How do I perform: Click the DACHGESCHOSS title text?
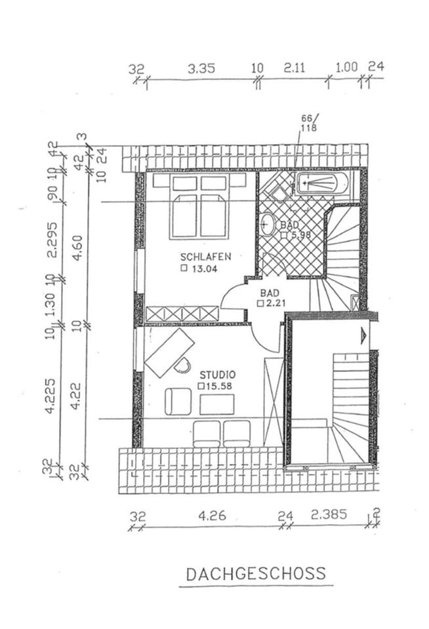pos(256,574)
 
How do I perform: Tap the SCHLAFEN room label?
pos(205,256)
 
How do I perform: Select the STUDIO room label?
pos(217,375)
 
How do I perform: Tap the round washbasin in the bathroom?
pos(268,224)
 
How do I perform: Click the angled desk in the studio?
pos(170,353)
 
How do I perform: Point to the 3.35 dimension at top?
pos(201,67)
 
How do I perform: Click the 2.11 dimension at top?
pos(295,67)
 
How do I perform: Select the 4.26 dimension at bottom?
pos(212,516)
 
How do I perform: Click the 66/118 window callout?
pos(308,123)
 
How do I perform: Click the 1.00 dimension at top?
pos(346,67)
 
